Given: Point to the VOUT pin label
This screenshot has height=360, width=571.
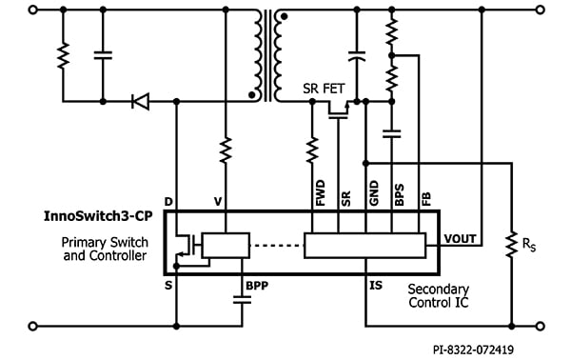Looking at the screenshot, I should pos(461,239).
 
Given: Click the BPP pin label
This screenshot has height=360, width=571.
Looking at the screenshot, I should pos(257,285).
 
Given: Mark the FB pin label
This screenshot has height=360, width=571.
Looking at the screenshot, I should pos(421,199).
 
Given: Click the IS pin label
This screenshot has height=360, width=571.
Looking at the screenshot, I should pos(377,284).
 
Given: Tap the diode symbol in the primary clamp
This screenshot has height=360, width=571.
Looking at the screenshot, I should pos(141,100).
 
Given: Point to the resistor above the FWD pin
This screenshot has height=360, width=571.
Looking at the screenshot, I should pos(312,150).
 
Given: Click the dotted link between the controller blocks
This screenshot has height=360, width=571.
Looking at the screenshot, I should pos(276,246).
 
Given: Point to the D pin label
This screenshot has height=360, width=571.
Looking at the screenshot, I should pos(169,202).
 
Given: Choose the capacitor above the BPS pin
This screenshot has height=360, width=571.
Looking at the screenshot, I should pos(394,133).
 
